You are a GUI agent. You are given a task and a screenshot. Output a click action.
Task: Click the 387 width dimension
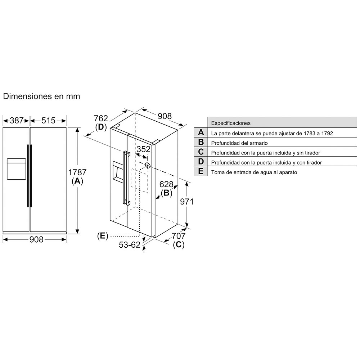(x=17, y=121)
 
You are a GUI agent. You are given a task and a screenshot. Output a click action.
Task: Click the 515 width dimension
(x=48, y=121)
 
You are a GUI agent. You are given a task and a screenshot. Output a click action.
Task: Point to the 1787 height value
(x=77, y=172)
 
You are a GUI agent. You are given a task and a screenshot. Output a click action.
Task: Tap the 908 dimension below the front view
(x=36, y=240)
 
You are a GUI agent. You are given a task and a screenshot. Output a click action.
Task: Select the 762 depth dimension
(x=101, y=118)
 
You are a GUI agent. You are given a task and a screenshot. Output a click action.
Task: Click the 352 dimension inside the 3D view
(x=144, y=149)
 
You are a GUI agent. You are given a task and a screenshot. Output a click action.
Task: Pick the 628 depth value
(x=166, y=184)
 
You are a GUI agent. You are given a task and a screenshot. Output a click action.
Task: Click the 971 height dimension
(x=186, y=202)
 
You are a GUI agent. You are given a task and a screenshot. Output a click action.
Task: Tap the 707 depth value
(x=179, y=236)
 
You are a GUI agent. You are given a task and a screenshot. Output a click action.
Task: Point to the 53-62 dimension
(x=130, y=245)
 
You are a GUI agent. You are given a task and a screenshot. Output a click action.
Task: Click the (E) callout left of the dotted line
(x=102, y=236)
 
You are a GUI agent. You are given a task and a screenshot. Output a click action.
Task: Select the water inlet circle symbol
(x=148, y=165)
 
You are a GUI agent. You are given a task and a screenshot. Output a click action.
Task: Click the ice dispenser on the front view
(x=16, y=169)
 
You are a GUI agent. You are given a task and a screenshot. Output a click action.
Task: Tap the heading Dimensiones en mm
(x=41, y=96)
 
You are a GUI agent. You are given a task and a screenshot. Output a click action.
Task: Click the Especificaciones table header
(x=231, y=123)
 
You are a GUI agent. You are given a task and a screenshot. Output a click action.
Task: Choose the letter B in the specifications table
(x=201, y=142)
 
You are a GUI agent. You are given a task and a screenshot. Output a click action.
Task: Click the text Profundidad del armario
(x=239, y=143)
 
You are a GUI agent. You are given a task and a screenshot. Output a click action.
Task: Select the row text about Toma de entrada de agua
(x=254, y=172)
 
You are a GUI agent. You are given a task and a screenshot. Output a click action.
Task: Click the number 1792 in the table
(x=327, y=133)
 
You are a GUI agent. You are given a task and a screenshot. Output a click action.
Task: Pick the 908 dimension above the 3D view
(x=165, y=116)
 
